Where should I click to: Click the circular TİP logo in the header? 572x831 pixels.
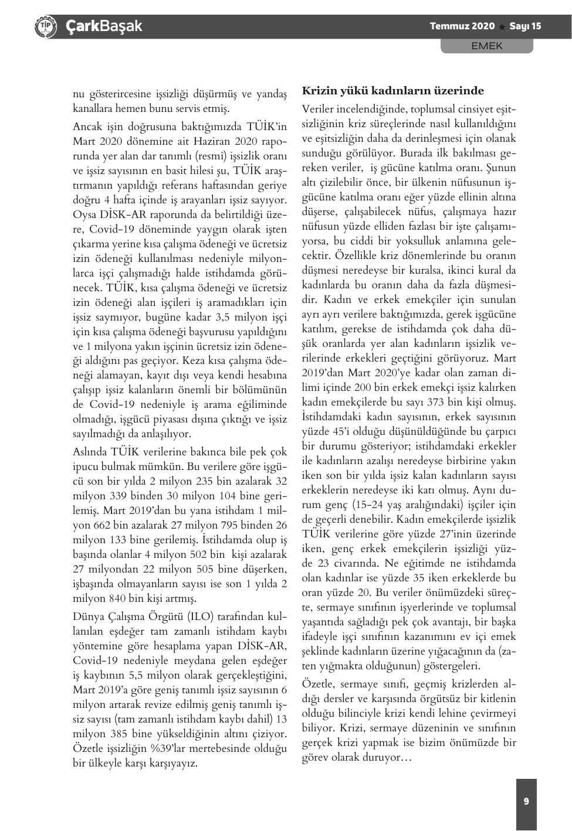46,26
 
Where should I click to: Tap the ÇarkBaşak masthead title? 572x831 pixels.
104,26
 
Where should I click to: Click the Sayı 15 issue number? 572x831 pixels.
525,26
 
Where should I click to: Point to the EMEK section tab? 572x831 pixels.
487,46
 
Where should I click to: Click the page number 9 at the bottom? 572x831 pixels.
526,801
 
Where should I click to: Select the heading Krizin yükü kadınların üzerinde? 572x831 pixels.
392,91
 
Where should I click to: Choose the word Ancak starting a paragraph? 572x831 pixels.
87,127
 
